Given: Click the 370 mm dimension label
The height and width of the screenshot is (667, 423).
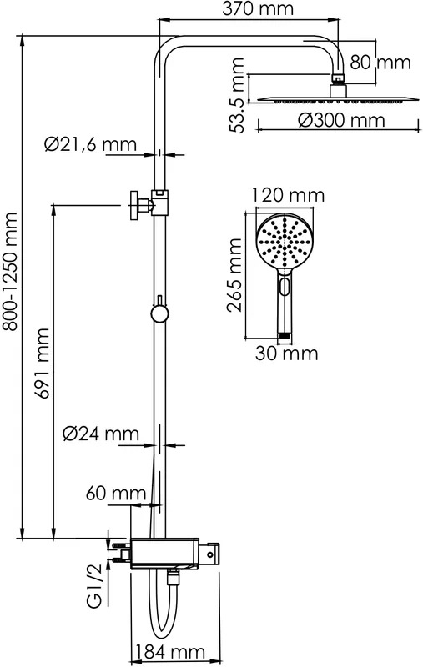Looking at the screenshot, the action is click(x=258, y=8).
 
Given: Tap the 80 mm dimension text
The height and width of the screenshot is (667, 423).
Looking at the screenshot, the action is click(x=380, y=63).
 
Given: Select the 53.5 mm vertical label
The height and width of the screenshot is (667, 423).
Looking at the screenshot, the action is click(x=236, y=95).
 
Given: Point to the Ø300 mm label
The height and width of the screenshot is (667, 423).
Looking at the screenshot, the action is click(x=341, y=120).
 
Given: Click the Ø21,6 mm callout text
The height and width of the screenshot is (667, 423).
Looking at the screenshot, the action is click(x=90, y=144).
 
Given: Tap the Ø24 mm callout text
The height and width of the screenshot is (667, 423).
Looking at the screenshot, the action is click(x=101, y=434).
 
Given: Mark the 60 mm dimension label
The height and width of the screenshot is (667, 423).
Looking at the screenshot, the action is click(x=116, y=494).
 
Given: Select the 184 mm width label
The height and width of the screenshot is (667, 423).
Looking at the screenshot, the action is click(x=169, y=652).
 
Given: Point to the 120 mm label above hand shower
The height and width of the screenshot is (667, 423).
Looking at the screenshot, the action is click(x=288, y=195).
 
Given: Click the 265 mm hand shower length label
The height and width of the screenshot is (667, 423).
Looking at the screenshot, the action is click(x=234, y=275).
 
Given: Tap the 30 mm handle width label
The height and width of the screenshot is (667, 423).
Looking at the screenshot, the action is click(x=286, y=354).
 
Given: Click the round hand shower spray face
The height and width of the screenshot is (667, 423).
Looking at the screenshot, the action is click(x=285, y=242).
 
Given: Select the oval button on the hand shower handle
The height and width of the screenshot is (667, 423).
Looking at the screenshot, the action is click(x=285, y=284).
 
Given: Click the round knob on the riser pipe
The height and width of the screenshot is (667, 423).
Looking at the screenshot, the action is click(x=159, y=314).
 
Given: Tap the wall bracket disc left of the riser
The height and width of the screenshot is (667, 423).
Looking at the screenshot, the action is click(x=133, y=206).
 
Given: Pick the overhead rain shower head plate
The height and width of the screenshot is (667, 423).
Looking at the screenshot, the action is click(x=338, y=99).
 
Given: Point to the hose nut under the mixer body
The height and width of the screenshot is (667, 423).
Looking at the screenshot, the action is click(x=173, y=577).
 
